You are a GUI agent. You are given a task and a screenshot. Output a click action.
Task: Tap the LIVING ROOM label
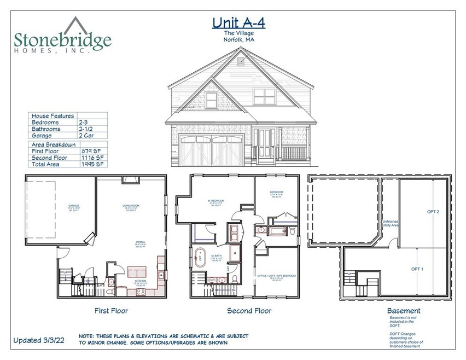click(131, 206)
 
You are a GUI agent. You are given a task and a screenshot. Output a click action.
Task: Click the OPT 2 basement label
click(433, 211)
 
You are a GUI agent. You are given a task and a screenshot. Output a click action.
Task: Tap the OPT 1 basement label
click(418, 269)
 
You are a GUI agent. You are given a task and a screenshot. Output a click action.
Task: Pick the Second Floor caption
click(249, 311)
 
